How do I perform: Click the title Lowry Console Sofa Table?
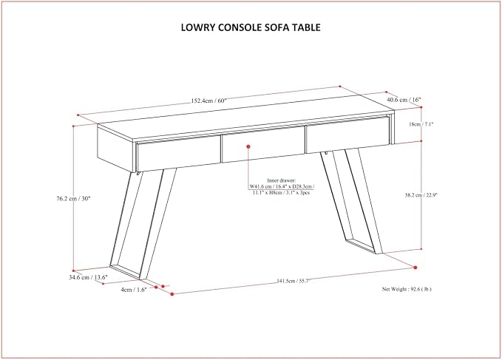pos(251,27)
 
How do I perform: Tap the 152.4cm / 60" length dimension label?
pos(208,101)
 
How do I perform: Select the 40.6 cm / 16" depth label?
pos(404,100)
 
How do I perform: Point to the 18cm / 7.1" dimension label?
pos(421,124)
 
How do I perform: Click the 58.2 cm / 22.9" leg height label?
pos(421,195)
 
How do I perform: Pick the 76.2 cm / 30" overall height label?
pos(74,198)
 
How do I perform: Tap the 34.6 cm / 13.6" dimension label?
pos(89,277)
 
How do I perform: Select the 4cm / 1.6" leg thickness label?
pos(134,290)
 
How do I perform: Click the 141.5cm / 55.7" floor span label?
pos(293,281)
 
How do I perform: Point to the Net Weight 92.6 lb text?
pos(407,289)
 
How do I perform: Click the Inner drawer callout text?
pos(282,186)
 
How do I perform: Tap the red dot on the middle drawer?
pos(248,146)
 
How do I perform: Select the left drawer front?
pos(179,154)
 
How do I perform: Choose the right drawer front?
pos(348,135)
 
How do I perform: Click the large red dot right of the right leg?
pos(415,268)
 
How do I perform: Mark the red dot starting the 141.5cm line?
pos(172,293)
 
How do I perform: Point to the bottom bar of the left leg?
pos(125,271)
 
